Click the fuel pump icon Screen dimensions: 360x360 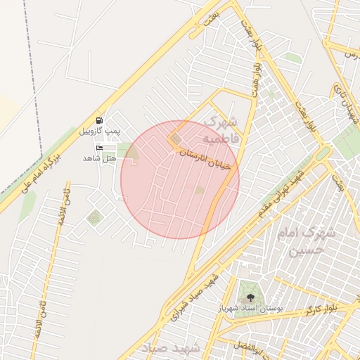[x=99, y=120]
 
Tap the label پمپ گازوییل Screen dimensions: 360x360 [x=98, y=131]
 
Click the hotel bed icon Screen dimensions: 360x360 [x=99, y=148]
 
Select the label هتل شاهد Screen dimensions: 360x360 [x=98, y=157]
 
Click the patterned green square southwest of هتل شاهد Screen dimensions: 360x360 [x=94, y=218]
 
